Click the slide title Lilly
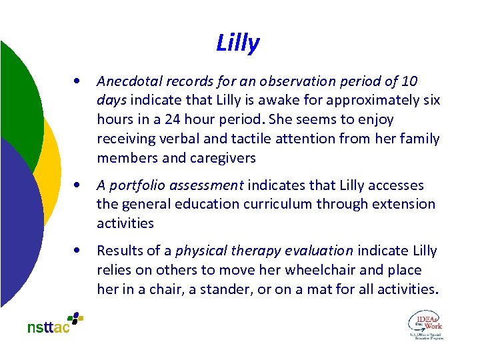point(238,43)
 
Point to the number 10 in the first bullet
point(411,81)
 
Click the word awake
point(259,101)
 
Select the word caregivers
point(223,158)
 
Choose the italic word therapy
point(252,251)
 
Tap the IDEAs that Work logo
point(425,325)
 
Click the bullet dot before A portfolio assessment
point(79,185)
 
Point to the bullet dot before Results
point(79,251)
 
